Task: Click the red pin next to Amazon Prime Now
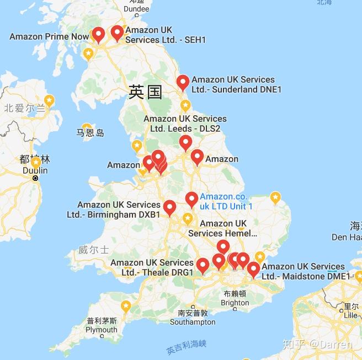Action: pyautogui.click(x=99, y=35)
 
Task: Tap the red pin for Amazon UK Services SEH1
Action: pyautogui.click(x=117, y=33)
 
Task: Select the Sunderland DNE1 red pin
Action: pyautogui.click(x=183, y=82)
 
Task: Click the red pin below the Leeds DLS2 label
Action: pyautogui.click(x=185, y=142)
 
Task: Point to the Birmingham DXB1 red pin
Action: pyautogui.click(x=169, y=207)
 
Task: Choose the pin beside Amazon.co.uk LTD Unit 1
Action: pyautogui.click(x=191, y=199)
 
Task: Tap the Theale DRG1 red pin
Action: pyautogui.click(x=203, y=266)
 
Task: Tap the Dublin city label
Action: pyautogui.click(x=35, y=170)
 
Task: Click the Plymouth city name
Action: pyautogui.click(x=101, y=330)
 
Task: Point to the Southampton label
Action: pyautogui.click(x=193, y=322)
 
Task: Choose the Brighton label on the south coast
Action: pyautogui.click(x=235, y=303)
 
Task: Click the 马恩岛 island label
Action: pyautogui.click(x=90, y=133)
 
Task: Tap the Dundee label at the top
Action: pyautogui.click(x=136, y=9)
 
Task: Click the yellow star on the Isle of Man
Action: pyautogui.click(x=87, y=127)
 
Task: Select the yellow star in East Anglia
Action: pyautogui.click(x=275, y=197)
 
